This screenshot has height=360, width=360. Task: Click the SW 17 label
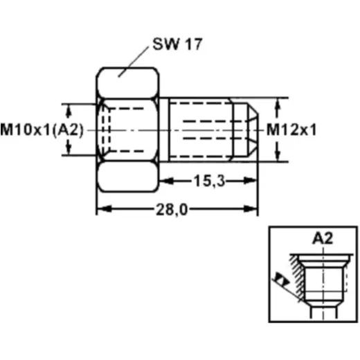177,44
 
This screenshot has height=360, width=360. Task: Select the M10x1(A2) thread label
42,130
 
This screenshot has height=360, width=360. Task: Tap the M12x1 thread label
291,129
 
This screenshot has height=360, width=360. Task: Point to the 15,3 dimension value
209,181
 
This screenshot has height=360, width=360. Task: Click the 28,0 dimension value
172,210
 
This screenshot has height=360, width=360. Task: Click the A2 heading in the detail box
323,238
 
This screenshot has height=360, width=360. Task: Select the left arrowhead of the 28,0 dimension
105,209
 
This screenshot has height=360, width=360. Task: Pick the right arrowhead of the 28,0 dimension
250,209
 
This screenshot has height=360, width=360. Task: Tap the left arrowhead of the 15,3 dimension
167,181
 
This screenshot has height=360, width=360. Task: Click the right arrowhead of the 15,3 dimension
250,181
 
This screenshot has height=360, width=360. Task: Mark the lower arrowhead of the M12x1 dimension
278,154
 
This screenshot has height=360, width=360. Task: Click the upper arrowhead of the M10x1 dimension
68,111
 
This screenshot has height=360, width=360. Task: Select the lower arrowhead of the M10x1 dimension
68,148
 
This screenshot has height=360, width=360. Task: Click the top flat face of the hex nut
127,83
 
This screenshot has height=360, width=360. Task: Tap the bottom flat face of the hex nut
127,177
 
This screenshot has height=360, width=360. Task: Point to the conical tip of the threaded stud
253,130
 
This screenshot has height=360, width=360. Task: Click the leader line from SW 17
134,62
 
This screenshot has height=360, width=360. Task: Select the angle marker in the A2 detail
282,280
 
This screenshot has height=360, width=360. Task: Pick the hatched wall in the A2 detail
298,277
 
